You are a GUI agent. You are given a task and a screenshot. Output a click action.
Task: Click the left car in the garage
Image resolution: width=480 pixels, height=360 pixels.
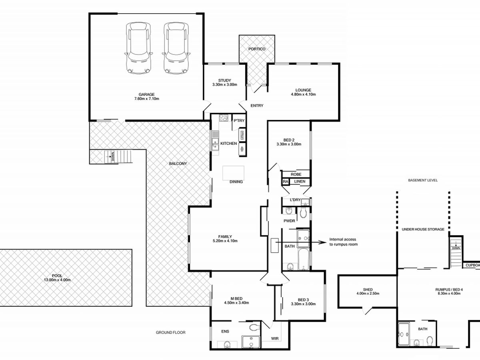point(138,48)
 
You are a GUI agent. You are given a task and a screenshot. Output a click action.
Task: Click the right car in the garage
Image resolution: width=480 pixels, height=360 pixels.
point(176,48)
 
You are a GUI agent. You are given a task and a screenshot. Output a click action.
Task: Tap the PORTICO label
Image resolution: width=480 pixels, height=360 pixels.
point(257,49)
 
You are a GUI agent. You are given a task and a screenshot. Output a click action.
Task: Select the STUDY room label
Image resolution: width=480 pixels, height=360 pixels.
point(224,80)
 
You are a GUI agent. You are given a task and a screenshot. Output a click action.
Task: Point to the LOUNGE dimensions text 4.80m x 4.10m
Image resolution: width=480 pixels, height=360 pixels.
point(303,94)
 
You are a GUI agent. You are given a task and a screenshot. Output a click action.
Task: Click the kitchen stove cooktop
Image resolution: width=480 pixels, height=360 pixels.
point(224,118)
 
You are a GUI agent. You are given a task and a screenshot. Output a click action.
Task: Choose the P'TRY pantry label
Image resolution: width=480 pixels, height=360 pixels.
point(239,121)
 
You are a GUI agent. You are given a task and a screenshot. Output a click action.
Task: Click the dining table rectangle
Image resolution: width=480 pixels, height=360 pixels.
point(233,173)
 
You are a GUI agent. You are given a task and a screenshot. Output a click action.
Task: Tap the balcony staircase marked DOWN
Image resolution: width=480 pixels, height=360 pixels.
point(118,156)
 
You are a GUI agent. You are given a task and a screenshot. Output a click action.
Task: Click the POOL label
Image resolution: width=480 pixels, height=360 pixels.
point(57,276)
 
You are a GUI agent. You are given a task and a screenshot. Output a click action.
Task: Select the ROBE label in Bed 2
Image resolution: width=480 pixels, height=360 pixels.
point(296,174)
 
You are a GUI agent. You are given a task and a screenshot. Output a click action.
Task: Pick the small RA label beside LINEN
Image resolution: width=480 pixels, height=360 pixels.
point(285,182)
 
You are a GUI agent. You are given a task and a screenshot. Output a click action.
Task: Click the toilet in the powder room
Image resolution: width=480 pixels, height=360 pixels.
point(303,212)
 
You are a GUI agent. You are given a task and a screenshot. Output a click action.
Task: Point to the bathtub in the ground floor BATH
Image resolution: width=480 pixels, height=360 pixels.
point(304,259)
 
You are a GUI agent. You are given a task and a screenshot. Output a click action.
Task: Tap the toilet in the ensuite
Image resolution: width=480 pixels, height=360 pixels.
point(254,328)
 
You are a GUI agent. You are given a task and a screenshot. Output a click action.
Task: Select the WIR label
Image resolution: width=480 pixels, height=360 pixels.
point(275,338)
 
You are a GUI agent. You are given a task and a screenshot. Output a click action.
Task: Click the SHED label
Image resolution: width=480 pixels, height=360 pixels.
point(368,289)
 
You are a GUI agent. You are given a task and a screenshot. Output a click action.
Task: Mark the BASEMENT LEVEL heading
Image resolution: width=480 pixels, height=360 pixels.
point(423,180)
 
